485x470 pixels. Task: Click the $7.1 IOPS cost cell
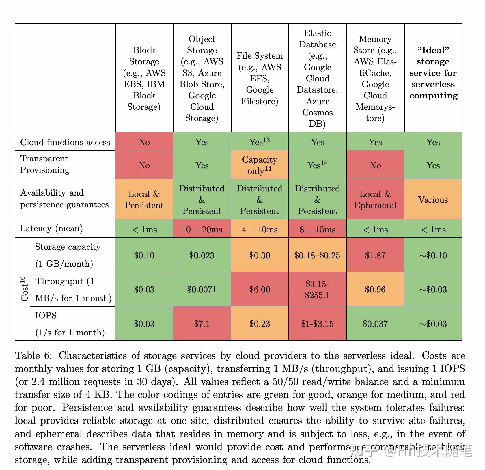pyautogui.click(x=202, y=324)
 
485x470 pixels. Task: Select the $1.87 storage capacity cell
pyautogui.click(x=375, y=255)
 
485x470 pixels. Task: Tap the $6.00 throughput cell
pyautogui.click(x=260, y=289)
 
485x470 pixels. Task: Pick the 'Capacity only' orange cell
pyautogui.click(x=260, y=165)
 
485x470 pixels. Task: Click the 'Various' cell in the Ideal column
pyautogui.click(x=433, y=199)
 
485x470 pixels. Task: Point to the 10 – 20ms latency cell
pyautogui.click(x=202, y=229)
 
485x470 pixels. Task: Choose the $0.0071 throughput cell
pyautogui.click(x=202, y=289)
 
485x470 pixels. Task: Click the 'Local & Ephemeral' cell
pyautogui.click(x=375, y=199)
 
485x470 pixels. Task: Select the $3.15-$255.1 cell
pyautogui.click(x=317, y=289)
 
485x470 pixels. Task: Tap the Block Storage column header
pyautogui.click(x=144, y=78)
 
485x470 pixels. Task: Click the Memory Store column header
pyautogui.click(x=375, y=78)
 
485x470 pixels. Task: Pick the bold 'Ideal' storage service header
pyautogui.click(x=433, y=73)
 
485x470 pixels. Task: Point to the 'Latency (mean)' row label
pyautogui.click(x=51, y=228)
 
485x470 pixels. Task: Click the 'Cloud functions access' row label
pyautogui.click(x=65, y=142)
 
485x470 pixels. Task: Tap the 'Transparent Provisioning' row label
pyautogui.click(x=45, y=164)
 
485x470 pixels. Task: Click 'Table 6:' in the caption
pyautogui.click(x=33, y=355)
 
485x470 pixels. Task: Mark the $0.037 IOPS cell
pyautogui.click(x=375, y=324)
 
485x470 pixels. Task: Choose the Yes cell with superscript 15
pyautogui.click(x=317, y=165)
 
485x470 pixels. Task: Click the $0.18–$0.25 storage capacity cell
pyautogui.click(x=317, y=255)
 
